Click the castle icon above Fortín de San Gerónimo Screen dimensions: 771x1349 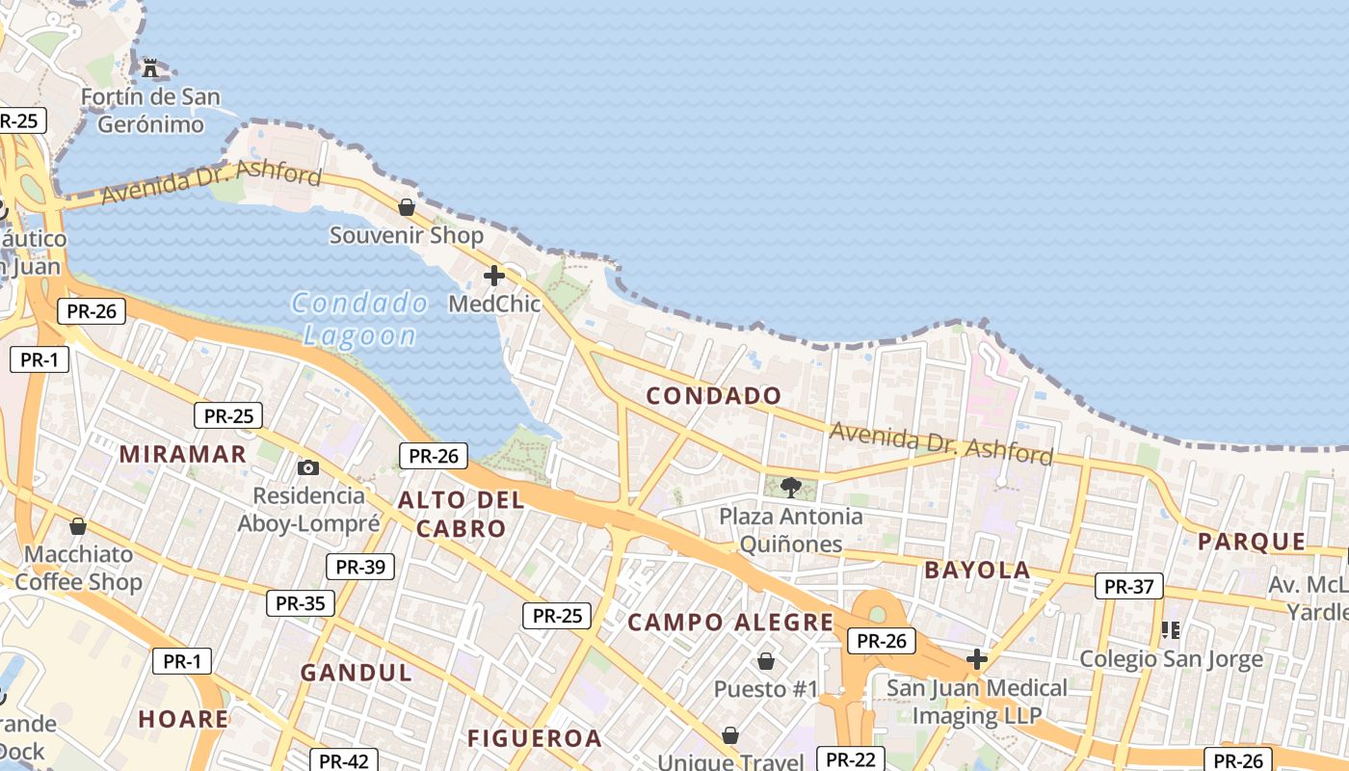150,67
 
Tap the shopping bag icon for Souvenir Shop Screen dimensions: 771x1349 407,207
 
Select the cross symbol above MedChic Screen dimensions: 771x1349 494,277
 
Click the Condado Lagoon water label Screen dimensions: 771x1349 359,319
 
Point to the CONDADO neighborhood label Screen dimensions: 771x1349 714,396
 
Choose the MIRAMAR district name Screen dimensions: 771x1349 183,454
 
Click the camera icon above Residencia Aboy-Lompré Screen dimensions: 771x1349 308,467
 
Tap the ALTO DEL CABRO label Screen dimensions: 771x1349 461,514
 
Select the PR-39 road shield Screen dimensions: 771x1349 360,567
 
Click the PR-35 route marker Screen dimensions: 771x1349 301,603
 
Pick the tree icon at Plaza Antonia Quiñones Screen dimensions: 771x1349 791,487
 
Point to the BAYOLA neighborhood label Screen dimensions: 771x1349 977,570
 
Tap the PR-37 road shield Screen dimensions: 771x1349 1128,586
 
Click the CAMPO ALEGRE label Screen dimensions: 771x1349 730,623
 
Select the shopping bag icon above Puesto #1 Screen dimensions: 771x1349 766,661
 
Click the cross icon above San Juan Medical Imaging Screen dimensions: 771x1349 977,659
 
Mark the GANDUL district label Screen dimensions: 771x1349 356,673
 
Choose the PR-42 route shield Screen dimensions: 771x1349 343,761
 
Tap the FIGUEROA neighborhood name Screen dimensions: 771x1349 535,739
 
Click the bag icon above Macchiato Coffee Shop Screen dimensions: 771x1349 78,526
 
